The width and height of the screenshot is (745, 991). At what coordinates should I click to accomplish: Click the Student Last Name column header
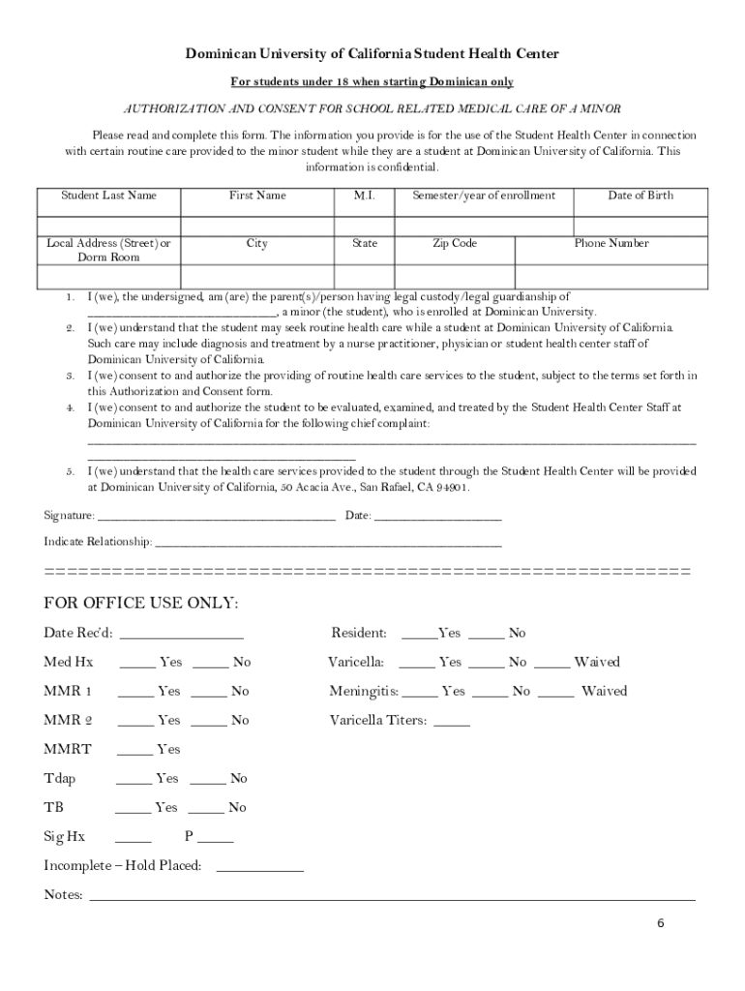108,195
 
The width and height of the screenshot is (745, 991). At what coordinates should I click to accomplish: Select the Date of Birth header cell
640,195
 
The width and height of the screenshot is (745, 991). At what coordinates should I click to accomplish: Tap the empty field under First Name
256,225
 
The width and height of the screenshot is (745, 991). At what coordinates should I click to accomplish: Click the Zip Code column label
454,244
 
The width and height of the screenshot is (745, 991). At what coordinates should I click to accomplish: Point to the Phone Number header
611,244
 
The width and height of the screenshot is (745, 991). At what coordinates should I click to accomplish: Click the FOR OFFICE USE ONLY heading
141,604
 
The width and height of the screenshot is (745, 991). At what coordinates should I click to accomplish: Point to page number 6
660,923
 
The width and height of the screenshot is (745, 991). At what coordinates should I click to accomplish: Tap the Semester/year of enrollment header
484,195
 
